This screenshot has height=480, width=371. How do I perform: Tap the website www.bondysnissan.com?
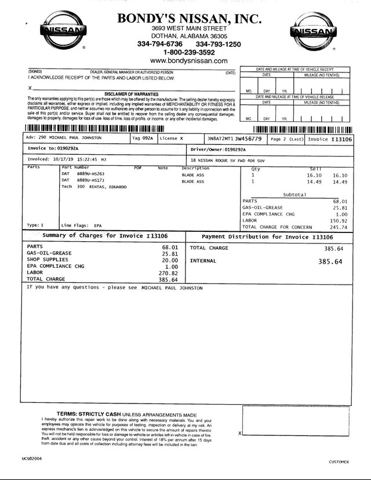coord(188,60)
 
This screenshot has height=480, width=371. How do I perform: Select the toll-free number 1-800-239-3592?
coord(189,52)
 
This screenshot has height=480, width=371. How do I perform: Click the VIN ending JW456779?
coord(235,139)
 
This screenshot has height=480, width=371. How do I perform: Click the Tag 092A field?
coord(143,139)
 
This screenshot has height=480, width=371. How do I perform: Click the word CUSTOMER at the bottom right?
coord(339,462)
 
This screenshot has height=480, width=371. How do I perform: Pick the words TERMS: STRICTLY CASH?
coord(88,414)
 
